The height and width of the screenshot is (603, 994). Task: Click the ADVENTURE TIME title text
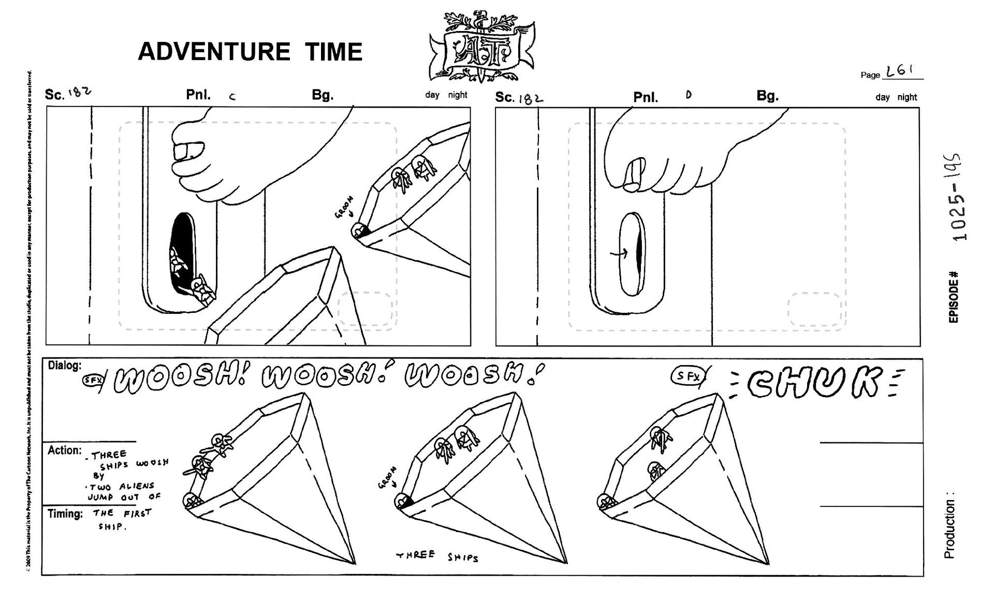click(250, 52)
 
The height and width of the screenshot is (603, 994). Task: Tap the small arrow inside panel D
click(619, 253)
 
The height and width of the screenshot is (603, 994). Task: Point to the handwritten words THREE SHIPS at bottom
click(437, 556)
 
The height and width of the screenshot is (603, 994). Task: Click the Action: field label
click(64, 450)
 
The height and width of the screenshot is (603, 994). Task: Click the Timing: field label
click(65, 514)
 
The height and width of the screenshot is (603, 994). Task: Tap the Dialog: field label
click(65, 366)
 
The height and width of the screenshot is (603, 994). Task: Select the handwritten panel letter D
click(688, 95)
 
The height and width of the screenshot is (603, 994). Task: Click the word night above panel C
click(458, 95)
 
